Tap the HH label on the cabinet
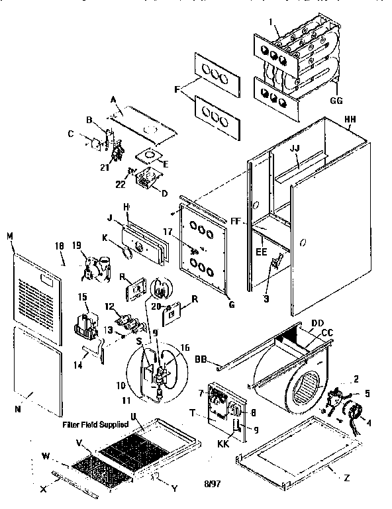coord(351,120)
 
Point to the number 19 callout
coord(77,246)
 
